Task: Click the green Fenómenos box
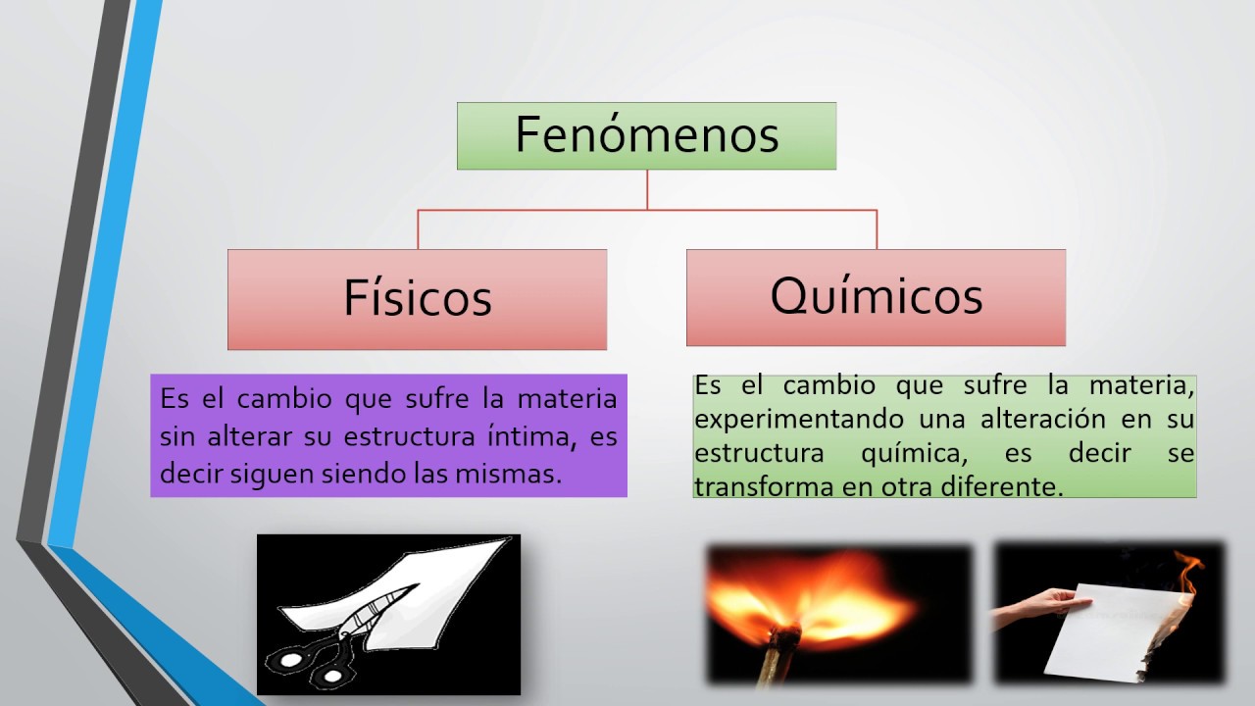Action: coord(646,135)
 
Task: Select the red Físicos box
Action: coord(417,299)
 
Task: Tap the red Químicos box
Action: coord(876,296)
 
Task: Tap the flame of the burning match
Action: coord(814,588)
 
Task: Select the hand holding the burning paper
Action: coord(1034,602)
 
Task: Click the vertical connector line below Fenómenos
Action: coord(647,189)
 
